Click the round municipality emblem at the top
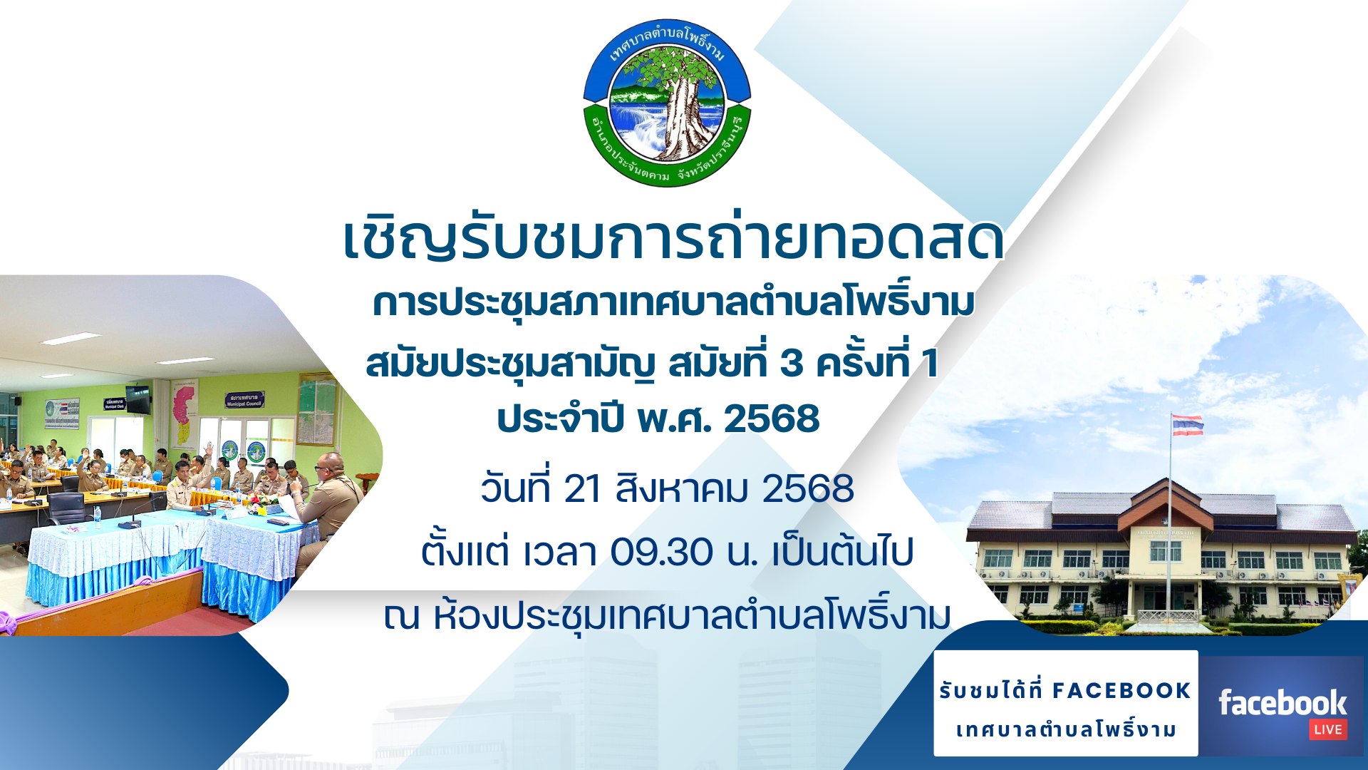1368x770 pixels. (667, 103)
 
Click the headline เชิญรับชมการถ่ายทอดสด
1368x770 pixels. (673, 240)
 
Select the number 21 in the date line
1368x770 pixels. (582, 490)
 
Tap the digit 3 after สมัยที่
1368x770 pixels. (791, 364)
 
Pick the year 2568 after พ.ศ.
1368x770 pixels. (772, 419)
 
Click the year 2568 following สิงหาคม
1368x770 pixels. (808, 490)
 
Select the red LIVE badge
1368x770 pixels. (1328, 729)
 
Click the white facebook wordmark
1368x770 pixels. (1282, 703)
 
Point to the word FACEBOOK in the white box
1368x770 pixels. (1121, 690)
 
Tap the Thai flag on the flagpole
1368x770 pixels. (1188, 425)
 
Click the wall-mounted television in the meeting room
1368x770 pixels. (138, 400)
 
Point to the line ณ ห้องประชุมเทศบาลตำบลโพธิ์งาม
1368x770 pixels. (667, 614)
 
